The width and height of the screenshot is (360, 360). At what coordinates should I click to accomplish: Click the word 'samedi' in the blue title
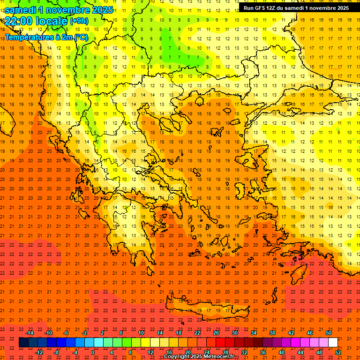point(21,10)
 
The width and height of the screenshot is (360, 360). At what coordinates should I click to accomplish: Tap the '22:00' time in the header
point(18,21)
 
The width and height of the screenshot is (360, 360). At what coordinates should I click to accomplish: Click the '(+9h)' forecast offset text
point(79,21)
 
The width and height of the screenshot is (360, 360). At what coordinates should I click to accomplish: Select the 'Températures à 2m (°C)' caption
point(46,37)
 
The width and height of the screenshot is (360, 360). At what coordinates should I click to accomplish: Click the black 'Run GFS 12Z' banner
point(296,8)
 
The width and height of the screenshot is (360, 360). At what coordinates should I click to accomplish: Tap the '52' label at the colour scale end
point(338,352)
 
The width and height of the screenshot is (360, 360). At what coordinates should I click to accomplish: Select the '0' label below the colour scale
point(93,352)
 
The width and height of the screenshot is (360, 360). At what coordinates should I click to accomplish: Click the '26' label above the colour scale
point(216,333)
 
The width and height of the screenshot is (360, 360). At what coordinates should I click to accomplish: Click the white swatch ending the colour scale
point(333,343)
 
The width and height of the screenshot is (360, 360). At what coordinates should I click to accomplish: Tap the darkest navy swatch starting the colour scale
point(23,343)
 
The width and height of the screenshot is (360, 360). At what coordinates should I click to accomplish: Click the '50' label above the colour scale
point(328,333)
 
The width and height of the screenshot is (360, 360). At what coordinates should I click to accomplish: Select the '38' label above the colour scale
point(272,333)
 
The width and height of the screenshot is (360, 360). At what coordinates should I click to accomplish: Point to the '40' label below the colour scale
point(281,352)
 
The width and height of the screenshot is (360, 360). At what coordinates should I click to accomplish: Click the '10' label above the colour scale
point(141,333)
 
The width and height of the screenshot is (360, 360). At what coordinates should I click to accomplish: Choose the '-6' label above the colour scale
point(66,333)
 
